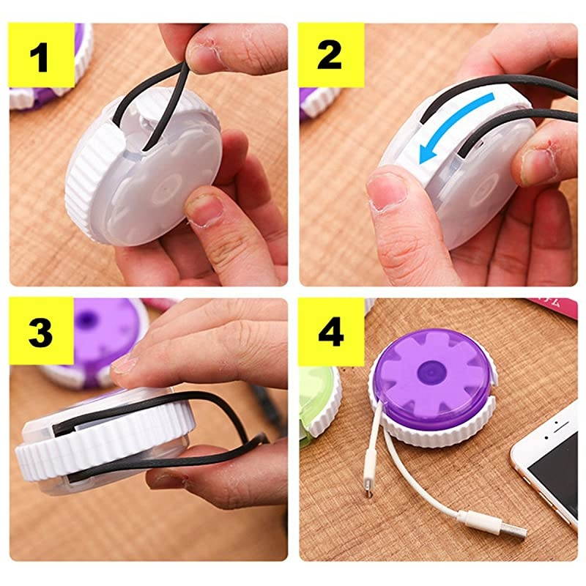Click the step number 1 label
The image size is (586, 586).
[39, 57]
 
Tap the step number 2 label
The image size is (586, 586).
[329, 55]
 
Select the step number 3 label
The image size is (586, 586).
[40, 332]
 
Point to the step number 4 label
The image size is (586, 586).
[331, 332]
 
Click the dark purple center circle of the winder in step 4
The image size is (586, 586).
[431, 374]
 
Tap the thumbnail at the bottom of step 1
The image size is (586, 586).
[204, 210]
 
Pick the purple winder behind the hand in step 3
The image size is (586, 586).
[101, 336]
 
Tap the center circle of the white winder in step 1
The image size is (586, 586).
[167, 190]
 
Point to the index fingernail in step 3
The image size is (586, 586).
[122, 364]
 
